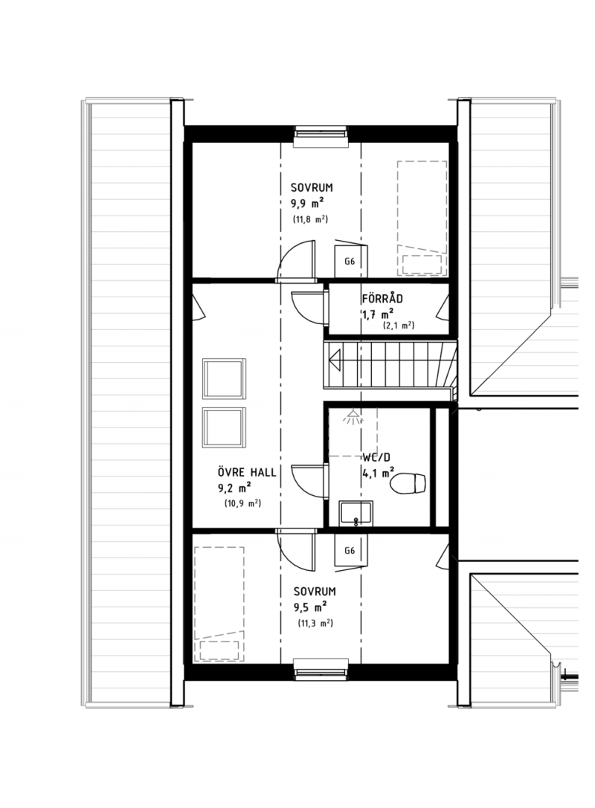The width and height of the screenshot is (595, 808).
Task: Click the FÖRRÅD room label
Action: [382, 298]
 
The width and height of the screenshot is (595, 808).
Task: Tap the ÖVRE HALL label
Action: [246, 472]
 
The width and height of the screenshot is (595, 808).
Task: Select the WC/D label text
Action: [376, 458]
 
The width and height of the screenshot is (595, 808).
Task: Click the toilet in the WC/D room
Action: [408, 483]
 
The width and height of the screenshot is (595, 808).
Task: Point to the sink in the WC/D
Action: [356, 513]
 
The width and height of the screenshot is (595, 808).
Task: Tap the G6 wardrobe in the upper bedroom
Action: [350, 260]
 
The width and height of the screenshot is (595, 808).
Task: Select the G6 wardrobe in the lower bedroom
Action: [350, 550]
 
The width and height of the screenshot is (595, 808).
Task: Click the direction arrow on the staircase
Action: [335, 358]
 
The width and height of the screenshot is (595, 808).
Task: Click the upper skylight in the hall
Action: [225, 379]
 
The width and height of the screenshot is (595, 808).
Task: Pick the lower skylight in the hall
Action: [225, 427]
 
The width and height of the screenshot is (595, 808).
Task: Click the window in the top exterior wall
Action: [321, 133]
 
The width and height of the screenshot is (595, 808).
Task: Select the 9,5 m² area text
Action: [310, 607]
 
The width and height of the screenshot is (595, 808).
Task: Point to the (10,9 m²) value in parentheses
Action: [243, 503]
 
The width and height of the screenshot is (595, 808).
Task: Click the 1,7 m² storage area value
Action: [378, 314]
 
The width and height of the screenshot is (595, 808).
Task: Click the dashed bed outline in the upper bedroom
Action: [422, 218]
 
